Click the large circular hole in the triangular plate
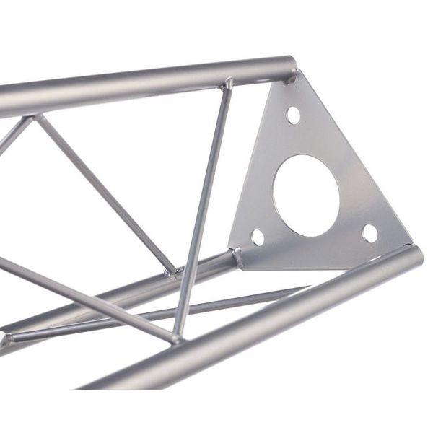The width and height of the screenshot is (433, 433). [x=306, y=194]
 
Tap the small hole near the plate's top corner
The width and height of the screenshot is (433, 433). [x=293, y=114]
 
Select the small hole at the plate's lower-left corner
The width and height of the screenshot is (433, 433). [x=257, y=236]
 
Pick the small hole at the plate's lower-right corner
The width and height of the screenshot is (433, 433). [x=369, y=233]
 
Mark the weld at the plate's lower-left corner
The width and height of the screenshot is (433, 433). [x=237, y=255]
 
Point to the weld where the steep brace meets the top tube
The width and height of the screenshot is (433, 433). [x=229, y=84]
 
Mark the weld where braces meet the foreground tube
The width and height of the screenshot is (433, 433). [x=175, y=336]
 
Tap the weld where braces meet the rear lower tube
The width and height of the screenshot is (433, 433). [x=174, y=274]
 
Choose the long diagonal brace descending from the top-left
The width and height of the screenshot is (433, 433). [x=108, y=195]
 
